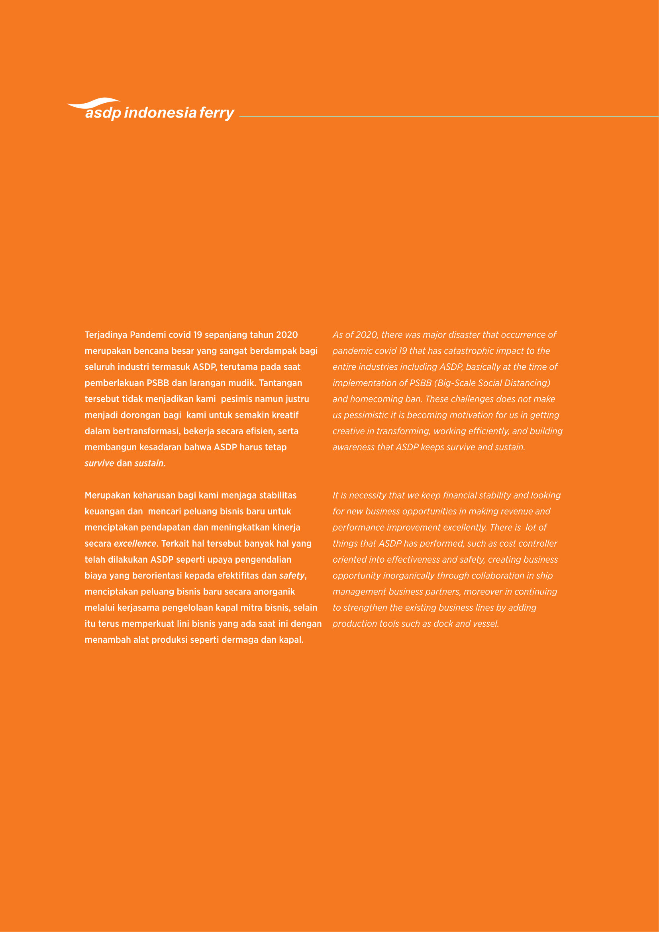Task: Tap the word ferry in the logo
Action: tap(216, 113)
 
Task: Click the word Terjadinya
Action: tap(106, 335)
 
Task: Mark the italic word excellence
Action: tap(135, 544)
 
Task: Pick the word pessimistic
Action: tap(366, 415)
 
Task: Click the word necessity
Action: tap(367, 495)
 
